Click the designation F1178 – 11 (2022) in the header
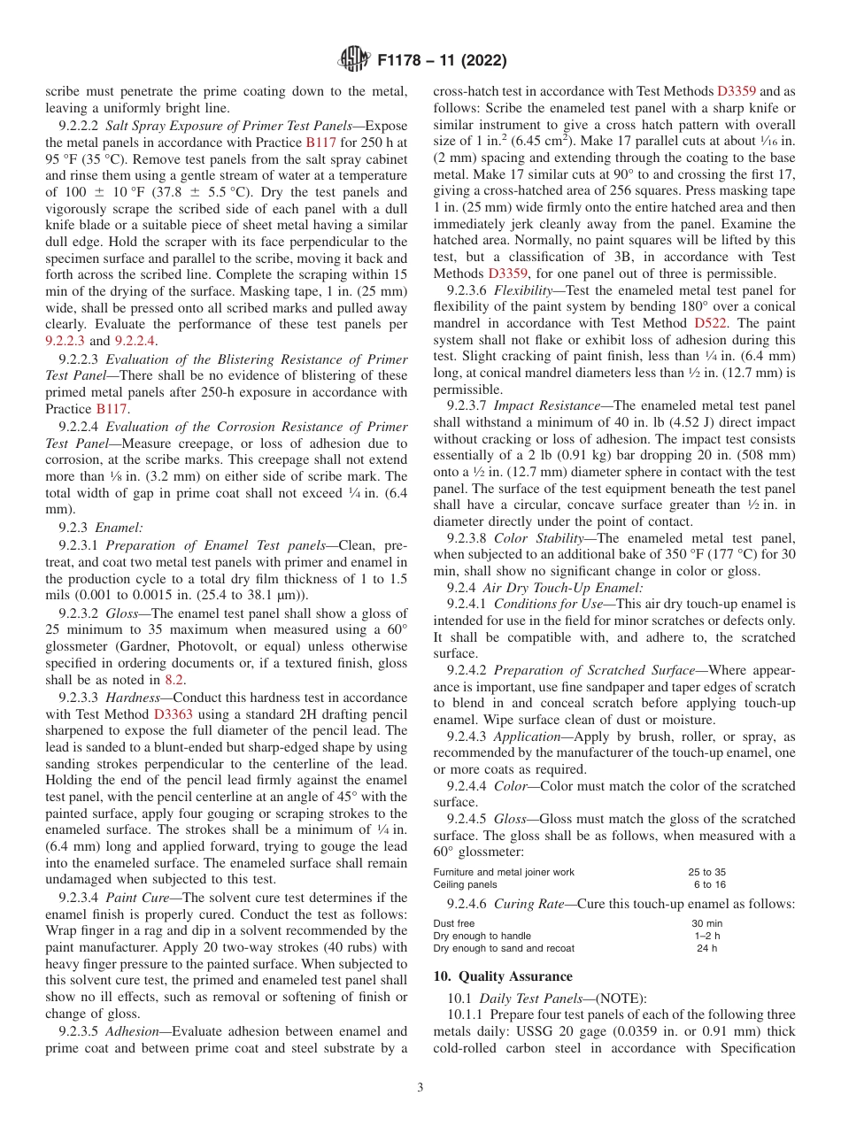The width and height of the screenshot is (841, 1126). (x=442, y=61)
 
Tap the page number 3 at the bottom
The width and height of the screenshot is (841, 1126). (x=420, y=1087)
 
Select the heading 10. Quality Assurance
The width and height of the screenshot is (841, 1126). (x=503, y=976)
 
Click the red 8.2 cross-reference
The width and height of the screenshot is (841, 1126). (x=175, y=680)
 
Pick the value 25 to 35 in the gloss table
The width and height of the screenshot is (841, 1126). (x=707, y=872)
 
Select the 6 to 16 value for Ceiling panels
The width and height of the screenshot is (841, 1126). (x=709, y=884)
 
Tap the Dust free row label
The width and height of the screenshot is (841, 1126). (x=453, y=923)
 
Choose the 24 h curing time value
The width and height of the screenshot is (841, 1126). (x=706, y=948)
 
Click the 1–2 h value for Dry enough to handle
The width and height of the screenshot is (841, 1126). (x=706, y=936)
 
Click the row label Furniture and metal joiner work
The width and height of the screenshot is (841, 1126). (x=504, y=872)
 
